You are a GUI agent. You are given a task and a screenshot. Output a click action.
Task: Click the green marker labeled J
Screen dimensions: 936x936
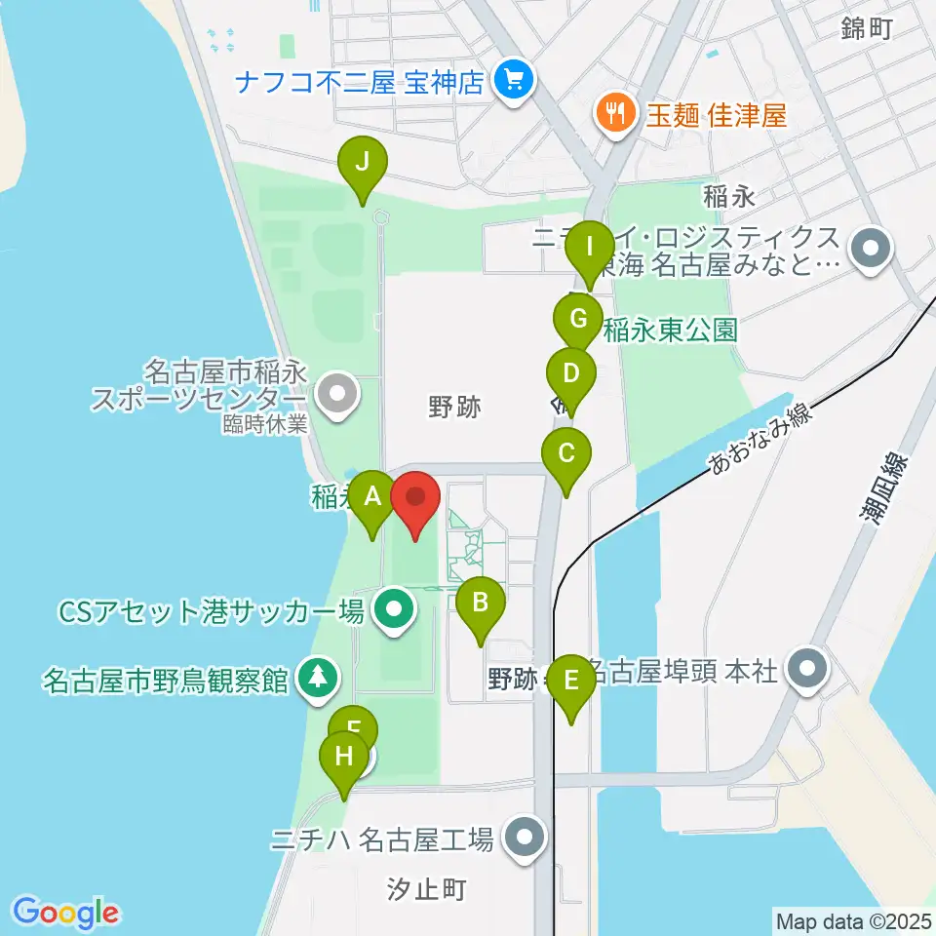click(x=362, y=163)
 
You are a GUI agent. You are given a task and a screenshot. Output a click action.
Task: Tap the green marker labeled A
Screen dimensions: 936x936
click(x=371, y=496)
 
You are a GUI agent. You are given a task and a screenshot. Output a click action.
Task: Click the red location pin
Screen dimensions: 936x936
click(x=416, y=497)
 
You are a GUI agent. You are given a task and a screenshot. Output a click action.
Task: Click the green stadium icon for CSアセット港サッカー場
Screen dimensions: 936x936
click(x=394, y=612)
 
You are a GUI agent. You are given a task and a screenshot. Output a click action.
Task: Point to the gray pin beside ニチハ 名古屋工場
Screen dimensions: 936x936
click(x=526, y=838)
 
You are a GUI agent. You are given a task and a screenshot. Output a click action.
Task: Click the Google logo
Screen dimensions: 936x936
click(x=65, y=912)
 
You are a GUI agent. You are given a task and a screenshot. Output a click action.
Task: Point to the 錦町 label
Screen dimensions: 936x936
click(x=867, y=29)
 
